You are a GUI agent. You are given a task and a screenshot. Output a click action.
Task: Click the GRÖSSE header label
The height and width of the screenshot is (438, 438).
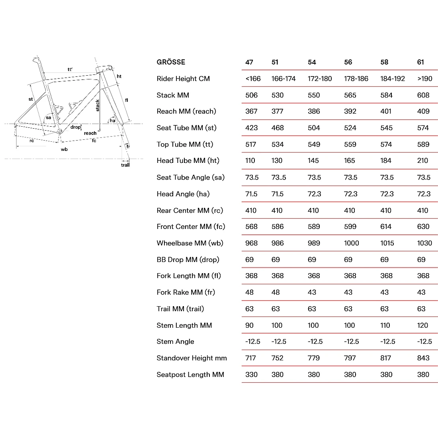[x=171, y=62]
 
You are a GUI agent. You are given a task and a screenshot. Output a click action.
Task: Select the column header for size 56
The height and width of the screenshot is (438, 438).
[x=348, y=62]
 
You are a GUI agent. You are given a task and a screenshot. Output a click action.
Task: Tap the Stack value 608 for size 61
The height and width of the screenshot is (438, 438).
[x=423, y=95]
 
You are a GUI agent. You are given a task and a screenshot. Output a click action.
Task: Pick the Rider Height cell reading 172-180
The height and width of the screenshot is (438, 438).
[x=319, y=79]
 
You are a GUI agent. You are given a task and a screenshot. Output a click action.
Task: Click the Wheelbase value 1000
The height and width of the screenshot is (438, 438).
[x=351, y=243]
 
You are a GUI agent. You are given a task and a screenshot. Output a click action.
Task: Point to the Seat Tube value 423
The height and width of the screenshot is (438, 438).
[x=251, y=128]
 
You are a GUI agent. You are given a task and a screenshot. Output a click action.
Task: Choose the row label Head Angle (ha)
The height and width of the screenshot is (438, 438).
[x=183, y=194]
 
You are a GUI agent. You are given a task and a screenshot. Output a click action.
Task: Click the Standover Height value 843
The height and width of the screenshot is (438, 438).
[x=423, y=358]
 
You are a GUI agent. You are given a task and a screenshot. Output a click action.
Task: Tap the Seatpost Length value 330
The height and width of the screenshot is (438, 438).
[x=251, y=374]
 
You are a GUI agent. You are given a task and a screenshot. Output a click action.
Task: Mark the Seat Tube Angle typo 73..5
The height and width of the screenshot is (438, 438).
[x=278, y=177]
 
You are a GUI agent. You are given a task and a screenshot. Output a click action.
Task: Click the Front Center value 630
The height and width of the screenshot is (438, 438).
[x=423, y=227]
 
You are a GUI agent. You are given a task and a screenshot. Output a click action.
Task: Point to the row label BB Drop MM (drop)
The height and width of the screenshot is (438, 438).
[x=188, y=260]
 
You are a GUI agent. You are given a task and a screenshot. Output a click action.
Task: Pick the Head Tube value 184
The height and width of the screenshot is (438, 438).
[x=386, y=160]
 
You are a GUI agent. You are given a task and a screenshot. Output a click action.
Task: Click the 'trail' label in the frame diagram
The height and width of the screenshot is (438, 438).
[x=125, y=165]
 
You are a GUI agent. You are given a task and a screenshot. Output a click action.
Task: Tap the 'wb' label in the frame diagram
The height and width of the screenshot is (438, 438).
[x=64, y=149]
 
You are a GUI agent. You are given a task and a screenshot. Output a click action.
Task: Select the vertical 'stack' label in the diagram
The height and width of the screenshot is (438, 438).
[x=98, y=105]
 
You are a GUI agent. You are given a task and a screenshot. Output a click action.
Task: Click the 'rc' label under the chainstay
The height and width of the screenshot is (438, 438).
[x=32, y=141]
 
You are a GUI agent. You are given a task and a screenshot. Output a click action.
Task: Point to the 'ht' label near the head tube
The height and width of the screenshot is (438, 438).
[x=119, y=76]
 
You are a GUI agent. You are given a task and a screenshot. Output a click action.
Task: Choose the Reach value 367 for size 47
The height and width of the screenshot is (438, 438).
[x=251, y=111]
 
